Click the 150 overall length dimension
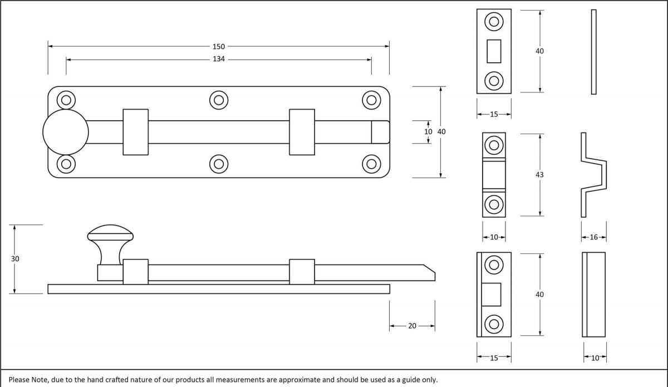(x=218, y=47)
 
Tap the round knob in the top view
(x=66, y=133)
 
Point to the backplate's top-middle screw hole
(x=218, y=100)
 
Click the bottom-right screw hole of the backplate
(x=371, y=164)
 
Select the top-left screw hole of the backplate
(x=66, y=100)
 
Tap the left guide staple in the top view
(x=135, y=132)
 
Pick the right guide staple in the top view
(x=302, y=132)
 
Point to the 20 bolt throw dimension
(x=412, y=326)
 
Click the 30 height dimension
(x=15, y=259)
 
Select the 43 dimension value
(x=539, y=175)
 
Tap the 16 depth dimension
(x=593, y=237)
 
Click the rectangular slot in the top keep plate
(x=494, y=51)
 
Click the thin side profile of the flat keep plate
(x=593, y=51)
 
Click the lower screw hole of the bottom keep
(x=494, y=324)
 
